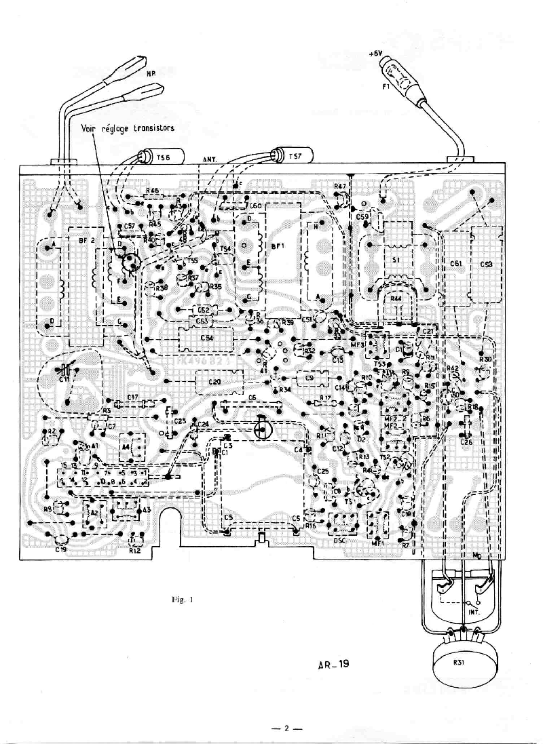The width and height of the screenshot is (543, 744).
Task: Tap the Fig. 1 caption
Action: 182,599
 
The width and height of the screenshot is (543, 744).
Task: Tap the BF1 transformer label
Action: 278,249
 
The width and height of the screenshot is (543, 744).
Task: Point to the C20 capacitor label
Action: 214,383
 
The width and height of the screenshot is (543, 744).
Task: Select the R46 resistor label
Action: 152,191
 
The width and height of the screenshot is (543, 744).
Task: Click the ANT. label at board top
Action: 210,159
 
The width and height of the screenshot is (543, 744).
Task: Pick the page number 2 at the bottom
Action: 286,729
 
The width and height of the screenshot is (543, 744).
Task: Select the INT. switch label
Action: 474,611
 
